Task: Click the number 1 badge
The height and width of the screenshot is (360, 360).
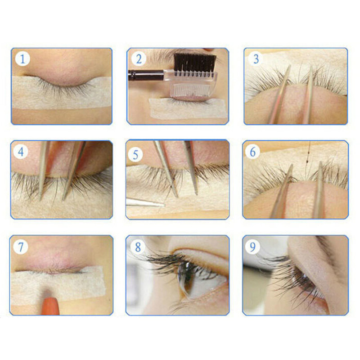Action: coord(22,59)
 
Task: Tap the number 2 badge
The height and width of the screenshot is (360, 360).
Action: coord(139,59)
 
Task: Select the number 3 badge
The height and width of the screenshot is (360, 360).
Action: coord(256,59)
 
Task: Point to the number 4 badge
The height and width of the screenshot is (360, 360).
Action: coord(21,152)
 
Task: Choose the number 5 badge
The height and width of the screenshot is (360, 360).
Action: coord(135,155)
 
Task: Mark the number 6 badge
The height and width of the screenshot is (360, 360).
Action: coord(252,152)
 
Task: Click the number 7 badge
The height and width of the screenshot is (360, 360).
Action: coord(21,247)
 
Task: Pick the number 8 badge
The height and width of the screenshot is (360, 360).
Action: coord(138,247)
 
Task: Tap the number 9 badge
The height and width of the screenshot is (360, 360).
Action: coord(252,247)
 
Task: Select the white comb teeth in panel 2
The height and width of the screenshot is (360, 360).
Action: coord(191,89)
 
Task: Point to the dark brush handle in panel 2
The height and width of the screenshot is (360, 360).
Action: coord(146,75)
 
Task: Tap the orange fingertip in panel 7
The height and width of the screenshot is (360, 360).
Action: coord(50,306)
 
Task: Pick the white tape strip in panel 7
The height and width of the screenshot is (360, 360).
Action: coord(58,285)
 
